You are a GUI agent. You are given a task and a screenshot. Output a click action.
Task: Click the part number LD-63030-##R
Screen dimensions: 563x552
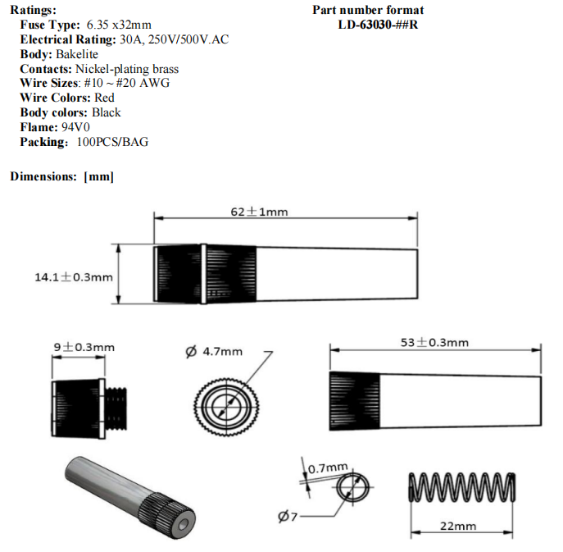pos(378,25)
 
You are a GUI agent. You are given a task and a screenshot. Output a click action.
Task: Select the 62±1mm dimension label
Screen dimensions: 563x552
pos(259,212)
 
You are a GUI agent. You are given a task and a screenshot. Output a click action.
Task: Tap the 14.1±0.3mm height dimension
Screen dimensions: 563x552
pos(74,277)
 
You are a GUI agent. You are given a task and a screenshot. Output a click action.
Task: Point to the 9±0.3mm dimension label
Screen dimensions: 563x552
pos(84,347)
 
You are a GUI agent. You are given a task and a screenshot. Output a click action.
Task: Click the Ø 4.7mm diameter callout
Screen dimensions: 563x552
pos(214,351)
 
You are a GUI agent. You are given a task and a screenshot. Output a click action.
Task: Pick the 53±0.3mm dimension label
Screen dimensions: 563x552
pos(434,342)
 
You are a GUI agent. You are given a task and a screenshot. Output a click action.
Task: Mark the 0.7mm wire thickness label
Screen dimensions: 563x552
pos(328,468)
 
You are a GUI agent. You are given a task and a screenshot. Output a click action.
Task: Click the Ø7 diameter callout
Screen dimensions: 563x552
pos(288,517)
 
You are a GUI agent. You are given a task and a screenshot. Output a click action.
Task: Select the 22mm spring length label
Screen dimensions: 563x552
pos(458,526)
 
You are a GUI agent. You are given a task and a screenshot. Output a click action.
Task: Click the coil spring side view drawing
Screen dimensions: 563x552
pos(461,487)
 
